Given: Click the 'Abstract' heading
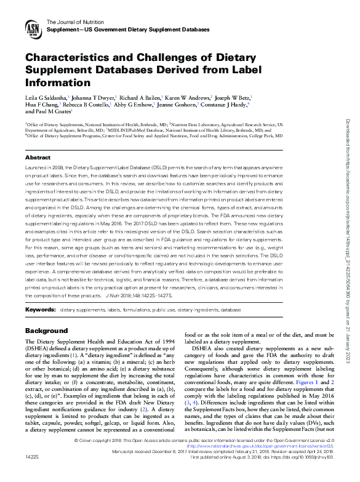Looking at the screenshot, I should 38,158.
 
